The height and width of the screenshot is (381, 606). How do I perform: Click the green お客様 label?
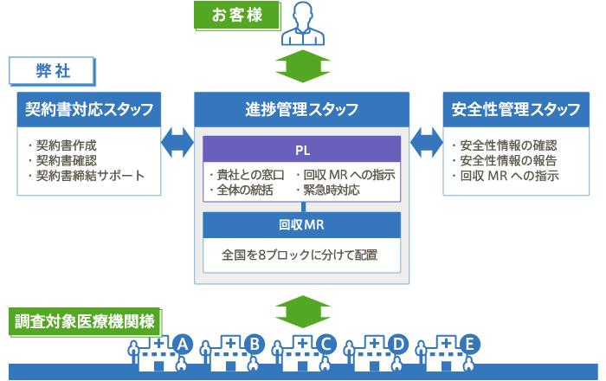click(x=236, y=15)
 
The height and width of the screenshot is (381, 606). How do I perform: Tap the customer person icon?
click(x=303, y=23)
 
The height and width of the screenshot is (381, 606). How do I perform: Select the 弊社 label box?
click(x=52, y=71)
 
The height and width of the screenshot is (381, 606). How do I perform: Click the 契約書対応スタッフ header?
click(x=89, y=109)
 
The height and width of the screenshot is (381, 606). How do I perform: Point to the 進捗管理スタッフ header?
click(x=301, y=109)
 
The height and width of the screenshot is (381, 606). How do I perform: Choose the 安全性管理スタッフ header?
click(x=516, y=109)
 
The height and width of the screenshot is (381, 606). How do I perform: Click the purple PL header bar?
click(x=302, y=149)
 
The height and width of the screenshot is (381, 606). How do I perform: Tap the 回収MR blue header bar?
click(x=302, y=225)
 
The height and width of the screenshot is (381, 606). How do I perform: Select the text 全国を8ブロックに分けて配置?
click(x=300, y=255)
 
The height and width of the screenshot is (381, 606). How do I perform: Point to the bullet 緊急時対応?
click(x=328, y=190)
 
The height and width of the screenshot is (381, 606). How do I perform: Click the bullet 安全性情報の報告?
click(x=505, y=160)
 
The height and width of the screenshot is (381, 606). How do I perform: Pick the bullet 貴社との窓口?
click(x=247, y=175)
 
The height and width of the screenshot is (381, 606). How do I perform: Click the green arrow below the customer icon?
click(x=303, y=66)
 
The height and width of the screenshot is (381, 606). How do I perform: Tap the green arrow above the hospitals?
click(x=303, y=312)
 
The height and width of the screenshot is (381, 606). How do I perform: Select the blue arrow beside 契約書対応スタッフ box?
click(x=177, y=143)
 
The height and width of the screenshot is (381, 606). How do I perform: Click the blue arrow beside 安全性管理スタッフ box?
click(x=426, y=143)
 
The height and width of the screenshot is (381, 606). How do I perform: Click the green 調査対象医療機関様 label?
click(x=85, y=321)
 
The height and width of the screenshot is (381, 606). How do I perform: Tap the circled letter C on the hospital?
click(x=326, y=344)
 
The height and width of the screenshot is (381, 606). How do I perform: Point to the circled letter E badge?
click(x=469, y=344)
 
